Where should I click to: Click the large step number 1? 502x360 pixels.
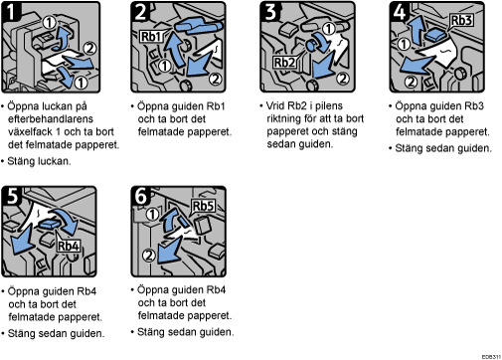[x=11, y=12]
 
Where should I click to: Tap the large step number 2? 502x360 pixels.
[x=140, y=12]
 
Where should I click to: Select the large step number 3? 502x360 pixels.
[x=270, y=12]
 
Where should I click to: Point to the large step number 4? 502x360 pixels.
[x=400, y=12]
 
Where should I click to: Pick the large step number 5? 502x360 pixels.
[x=12, y=196]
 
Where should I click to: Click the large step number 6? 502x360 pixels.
[x=141, y=196]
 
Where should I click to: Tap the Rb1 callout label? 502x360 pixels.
[x=152, y=36]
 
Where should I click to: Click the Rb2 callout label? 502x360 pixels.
[x=284, y=62]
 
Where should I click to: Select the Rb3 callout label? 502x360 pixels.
[x=461, y=20]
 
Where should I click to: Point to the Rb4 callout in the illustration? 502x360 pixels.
[x=69, y=246]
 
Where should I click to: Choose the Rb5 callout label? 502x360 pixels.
[x=203, y=206]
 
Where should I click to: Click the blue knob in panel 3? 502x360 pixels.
[x=312, y=45]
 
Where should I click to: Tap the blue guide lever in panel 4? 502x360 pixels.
[x=435, y=35]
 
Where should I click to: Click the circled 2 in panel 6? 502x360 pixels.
[x=148, y=256]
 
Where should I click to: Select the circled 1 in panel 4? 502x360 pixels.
[x=404, y=44]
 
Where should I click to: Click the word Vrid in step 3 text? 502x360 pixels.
[x=275, y=105]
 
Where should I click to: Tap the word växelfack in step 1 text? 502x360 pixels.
[x=30, y=132]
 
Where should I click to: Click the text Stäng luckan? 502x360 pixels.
[x=39, y=161]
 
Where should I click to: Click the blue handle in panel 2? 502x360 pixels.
[x=198, y=26]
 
